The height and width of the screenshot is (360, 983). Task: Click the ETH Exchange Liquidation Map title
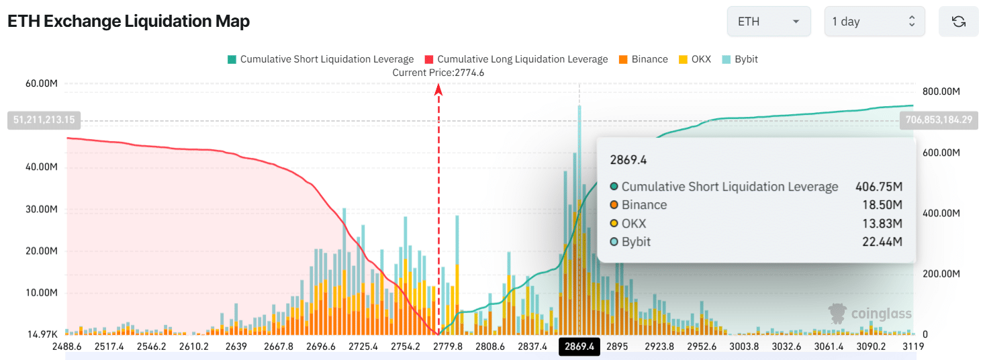click(128, 21)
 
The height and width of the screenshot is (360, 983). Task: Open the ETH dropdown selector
click(768, 21)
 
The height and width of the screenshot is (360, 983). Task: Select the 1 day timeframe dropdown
click(874, 21)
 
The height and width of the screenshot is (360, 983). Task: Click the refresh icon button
click(958, 21)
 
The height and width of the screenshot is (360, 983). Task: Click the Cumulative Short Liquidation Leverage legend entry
click(320, 59)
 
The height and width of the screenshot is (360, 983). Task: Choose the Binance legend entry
click(643, 59)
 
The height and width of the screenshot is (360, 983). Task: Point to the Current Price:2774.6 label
click(438, 73)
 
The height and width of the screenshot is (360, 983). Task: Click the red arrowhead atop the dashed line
click(438, 89)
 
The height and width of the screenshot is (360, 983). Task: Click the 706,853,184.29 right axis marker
click(939, 120)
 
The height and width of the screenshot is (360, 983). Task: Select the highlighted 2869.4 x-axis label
click(579, 347)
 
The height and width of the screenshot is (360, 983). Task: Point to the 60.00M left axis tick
click(42, 84)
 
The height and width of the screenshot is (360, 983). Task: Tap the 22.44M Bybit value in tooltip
click(882, 242)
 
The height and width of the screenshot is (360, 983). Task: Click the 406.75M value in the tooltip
click(878, 187)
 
